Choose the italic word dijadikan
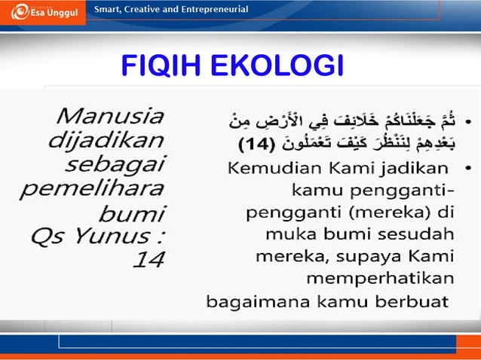click(x=106, y=140)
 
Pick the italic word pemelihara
click(x=106, y=188)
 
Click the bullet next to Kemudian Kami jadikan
click(x=469, y=166)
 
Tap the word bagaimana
click(x=253, y=302)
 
